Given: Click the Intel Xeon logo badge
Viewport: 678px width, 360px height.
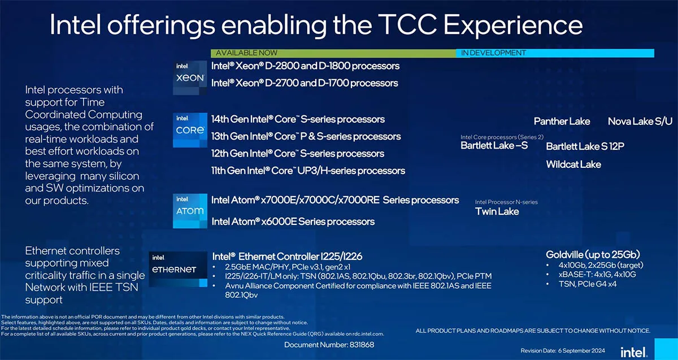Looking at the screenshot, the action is (190, 78).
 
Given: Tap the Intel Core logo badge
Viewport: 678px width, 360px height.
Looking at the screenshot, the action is (190, 130).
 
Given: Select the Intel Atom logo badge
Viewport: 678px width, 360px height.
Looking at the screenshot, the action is (190, 211).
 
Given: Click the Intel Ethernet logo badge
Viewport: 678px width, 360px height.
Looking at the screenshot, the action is (178, 269).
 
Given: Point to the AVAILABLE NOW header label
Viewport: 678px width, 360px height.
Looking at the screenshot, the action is (246, 53).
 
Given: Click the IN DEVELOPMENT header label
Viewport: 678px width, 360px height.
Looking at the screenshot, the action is (493, 53).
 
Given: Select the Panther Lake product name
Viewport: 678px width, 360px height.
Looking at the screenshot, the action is (562, 122).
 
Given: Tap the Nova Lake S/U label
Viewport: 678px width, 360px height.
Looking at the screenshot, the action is (640, 122).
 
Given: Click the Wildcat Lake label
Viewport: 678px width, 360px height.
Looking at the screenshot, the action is (573, 164).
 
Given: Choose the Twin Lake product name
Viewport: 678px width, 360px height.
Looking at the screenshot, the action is (497, 211).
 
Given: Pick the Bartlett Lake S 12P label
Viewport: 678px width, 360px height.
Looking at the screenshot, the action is (585, 146).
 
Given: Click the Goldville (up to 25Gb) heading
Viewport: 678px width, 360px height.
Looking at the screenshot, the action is (593, 255).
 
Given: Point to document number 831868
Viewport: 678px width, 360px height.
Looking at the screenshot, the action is (329, 345).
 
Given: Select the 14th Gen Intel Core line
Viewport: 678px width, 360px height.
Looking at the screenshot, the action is (298, 119).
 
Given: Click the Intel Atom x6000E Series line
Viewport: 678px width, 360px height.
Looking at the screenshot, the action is (293, 222).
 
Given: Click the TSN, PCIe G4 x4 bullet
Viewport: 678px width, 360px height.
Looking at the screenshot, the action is (588, 284).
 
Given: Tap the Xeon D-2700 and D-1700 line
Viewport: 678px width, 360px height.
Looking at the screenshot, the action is (305, 83).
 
